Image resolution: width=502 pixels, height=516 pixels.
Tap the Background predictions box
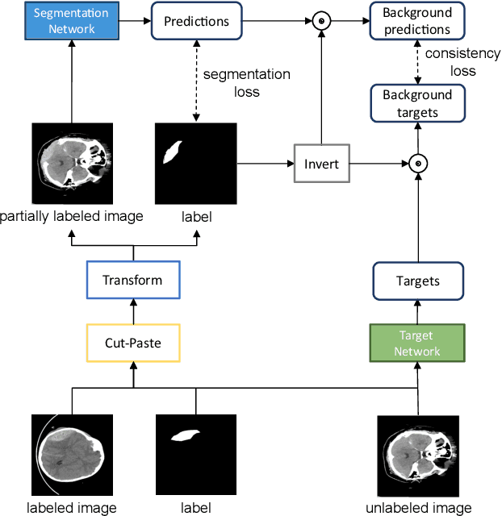point(416,22)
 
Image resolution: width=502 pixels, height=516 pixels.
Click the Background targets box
point(416,103)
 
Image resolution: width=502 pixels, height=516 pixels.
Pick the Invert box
point(321,164)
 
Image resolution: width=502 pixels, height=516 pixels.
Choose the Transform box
point(132,281)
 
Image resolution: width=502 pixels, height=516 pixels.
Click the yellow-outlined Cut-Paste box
point(132,343)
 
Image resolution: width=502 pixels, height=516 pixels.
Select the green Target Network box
point(417,343)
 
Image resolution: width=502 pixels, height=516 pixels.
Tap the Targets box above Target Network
point(417,281)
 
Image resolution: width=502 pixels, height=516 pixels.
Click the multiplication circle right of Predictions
point(321,21)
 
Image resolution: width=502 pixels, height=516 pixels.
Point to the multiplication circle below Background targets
point(417,164)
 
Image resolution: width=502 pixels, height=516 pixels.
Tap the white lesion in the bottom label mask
point(187,435)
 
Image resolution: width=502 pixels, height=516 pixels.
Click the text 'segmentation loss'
point(247,82)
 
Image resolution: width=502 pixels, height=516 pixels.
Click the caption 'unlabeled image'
point(418,508)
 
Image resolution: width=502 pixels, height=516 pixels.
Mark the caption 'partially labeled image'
point(73,216)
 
